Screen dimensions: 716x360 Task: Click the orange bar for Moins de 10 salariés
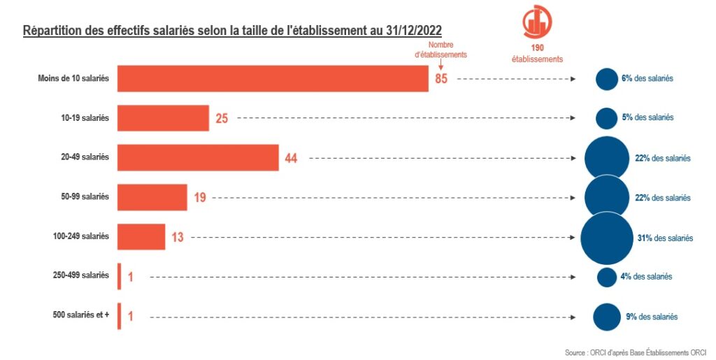273,78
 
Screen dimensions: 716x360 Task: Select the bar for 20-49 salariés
198,158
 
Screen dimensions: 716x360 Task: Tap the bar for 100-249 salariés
141,237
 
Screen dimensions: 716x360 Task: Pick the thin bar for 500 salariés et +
119,316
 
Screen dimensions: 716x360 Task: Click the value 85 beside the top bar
441,78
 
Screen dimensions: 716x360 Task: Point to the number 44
291,158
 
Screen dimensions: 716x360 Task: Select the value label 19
200,198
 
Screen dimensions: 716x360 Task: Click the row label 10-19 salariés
85,117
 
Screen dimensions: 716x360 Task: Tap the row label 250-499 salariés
81,275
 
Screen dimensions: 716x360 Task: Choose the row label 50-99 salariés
85,196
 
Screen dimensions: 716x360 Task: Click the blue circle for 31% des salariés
607,238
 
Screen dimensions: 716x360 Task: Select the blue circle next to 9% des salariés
607,317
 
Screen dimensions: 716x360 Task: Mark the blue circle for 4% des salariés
607,277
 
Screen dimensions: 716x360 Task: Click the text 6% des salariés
647,78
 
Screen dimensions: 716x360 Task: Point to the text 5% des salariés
647,117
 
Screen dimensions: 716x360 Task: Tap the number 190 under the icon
538,48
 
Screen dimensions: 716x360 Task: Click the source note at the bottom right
635,353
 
